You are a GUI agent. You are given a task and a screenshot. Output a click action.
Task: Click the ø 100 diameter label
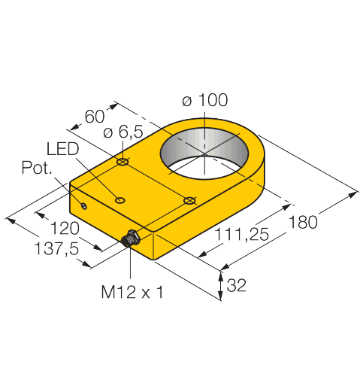[205, 100]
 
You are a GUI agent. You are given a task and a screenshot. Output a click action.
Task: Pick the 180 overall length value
[304, 222]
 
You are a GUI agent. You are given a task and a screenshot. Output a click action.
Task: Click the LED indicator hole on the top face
[119, 199]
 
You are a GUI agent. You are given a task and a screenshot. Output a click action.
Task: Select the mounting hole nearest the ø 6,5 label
[123, 162]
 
